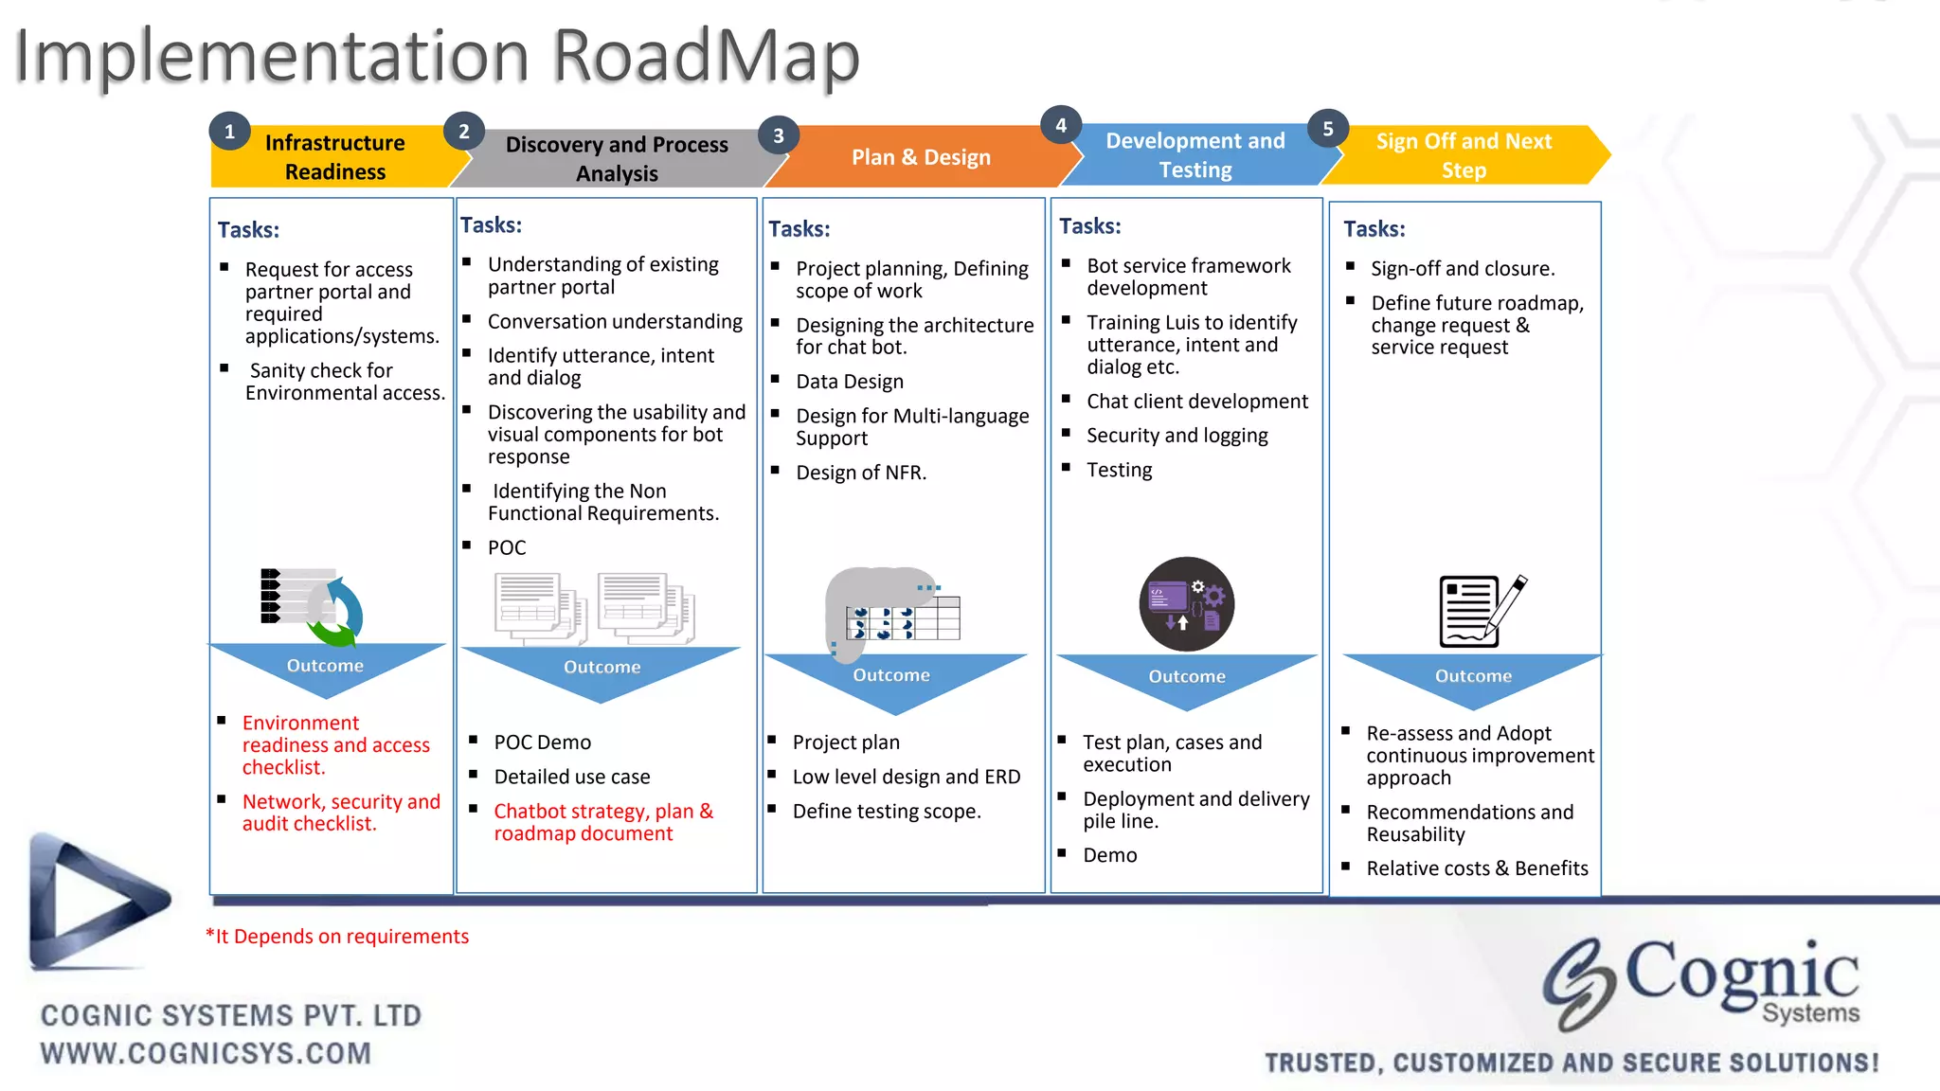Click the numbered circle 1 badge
[229, 133]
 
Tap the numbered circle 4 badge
[1061, 125]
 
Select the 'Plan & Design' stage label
[921, 157]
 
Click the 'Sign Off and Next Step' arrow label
[1464, 155]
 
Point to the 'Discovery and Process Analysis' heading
[617, 159]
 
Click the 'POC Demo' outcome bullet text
[542, 742]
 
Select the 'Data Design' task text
[850, 382]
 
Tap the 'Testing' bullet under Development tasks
[1119, 470]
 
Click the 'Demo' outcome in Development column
[1109, 855]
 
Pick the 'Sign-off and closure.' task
[1463, 269]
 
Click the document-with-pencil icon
[1481, 611]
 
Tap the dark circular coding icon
[1186, 604]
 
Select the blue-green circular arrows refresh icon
[335, 612]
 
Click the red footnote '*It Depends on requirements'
[337, 937]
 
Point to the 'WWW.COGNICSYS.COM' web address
[206, 1053]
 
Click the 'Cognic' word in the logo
[1741, 973]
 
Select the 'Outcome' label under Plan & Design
[891, 675]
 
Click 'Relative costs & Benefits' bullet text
[1477, 868]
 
